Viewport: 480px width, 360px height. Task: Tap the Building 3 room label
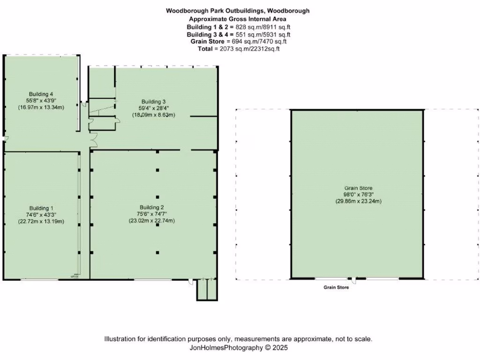click(154, 101)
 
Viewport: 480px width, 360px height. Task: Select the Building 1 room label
click(41, 208)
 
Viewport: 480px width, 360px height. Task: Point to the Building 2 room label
click(152, 207)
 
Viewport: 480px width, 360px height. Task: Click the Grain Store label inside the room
click(358, 188)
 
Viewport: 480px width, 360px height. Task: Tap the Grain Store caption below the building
click(336, 287)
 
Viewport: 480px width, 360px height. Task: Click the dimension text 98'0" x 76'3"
click(358, 195)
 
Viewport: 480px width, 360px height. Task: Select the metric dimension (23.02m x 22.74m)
click(152, 221)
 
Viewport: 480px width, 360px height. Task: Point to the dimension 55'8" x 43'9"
click(41, 100)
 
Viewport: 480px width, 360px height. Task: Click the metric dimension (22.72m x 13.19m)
click(41, 222)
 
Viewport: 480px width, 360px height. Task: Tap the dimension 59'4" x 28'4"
click(154, 108)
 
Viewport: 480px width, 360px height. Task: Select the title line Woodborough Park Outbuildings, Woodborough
click(238, 10)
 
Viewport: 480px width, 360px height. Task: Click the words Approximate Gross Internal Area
click(238, 19)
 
